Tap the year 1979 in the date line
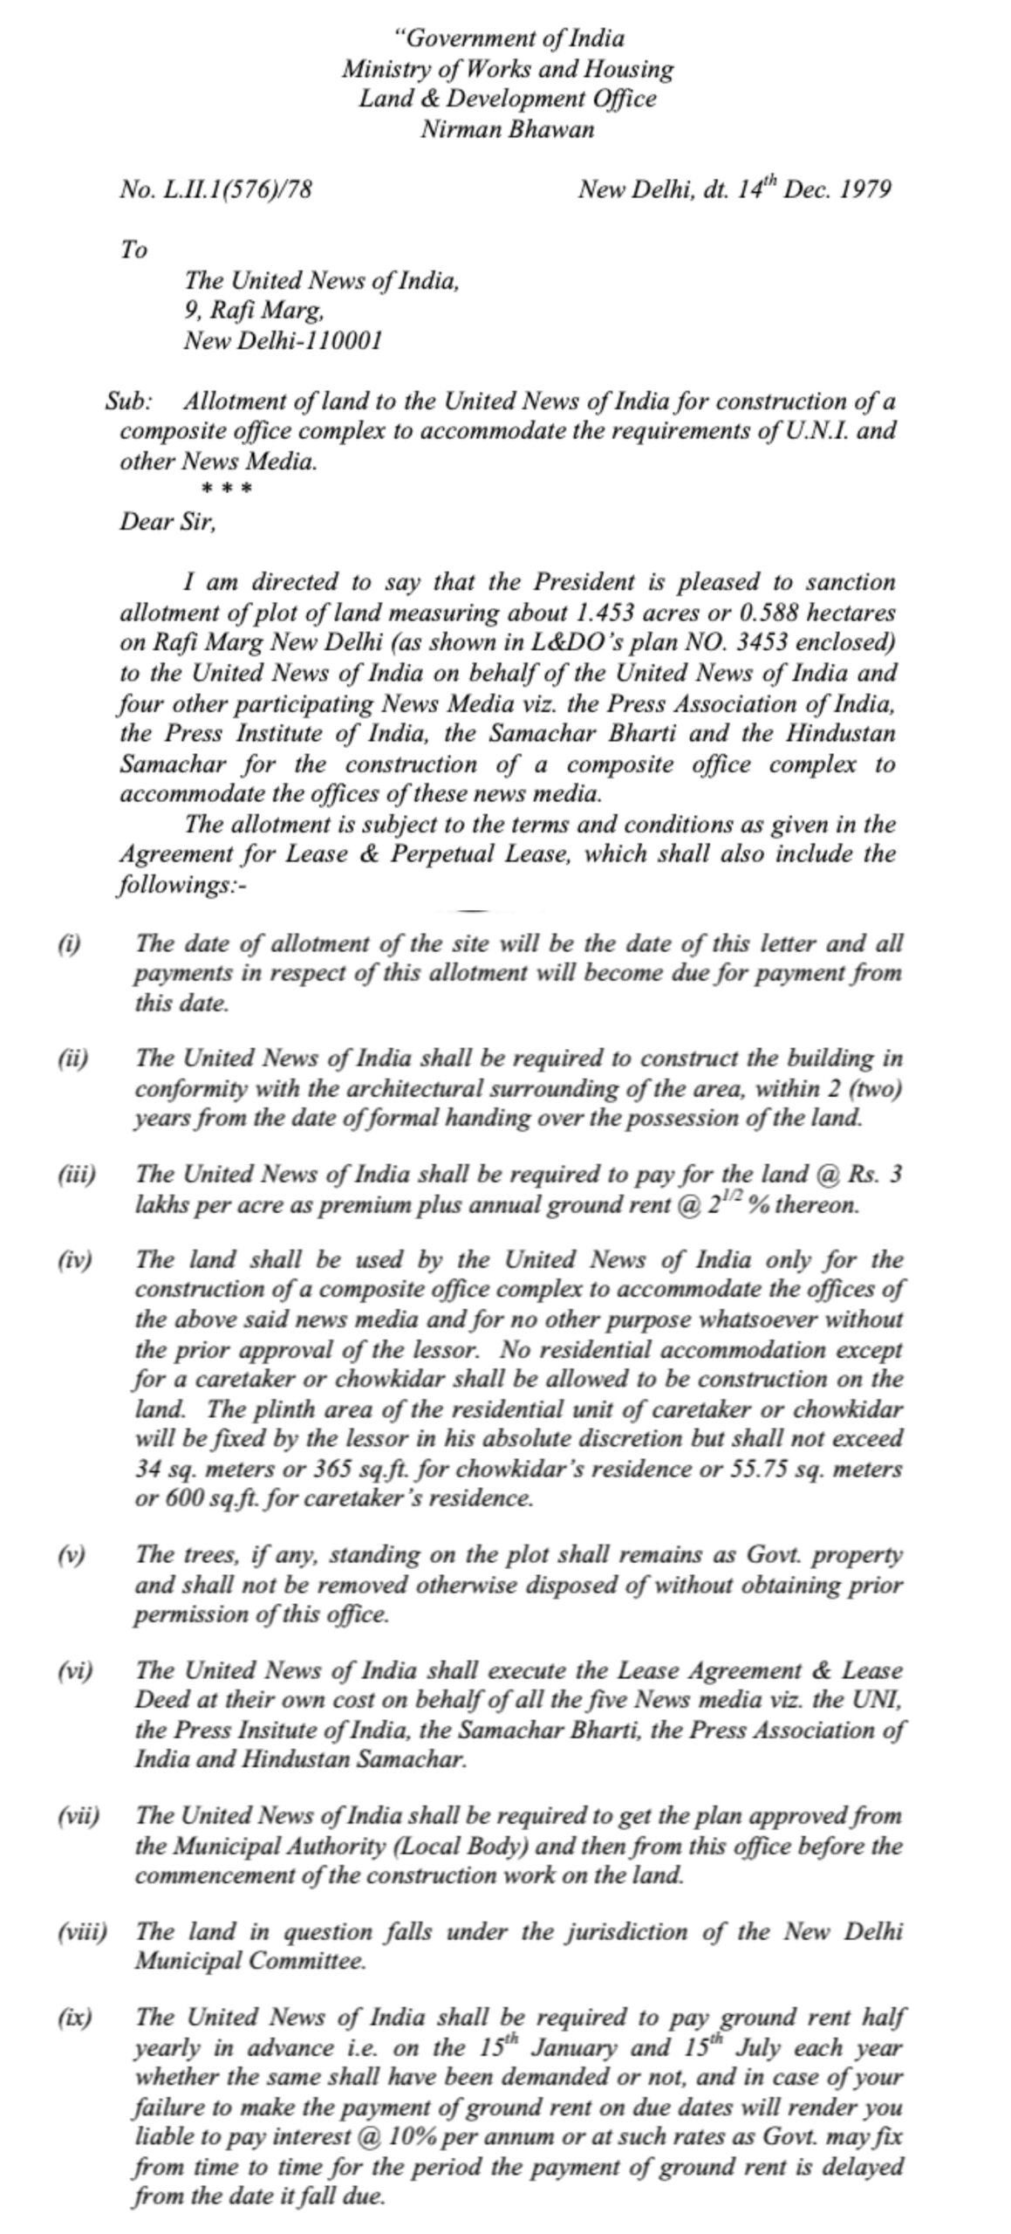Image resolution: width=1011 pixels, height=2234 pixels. [864, 190]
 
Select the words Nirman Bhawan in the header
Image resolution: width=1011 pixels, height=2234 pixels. [507, 130]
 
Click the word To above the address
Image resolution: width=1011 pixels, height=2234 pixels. [133, 250]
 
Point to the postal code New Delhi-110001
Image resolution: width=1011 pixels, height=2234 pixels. [283, 341]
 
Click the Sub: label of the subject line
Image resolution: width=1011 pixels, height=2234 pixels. [129, 402]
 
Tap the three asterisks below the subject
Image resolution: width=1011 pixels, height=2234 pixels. [227, 489]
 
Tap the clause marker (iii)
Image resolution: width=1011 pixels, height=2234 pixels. [77, 1175]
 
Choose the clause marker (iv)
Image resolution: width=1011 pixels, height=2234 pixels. [76, 1260]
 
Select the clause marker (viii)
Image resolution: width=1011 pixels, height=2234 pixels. [82, 1931]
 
